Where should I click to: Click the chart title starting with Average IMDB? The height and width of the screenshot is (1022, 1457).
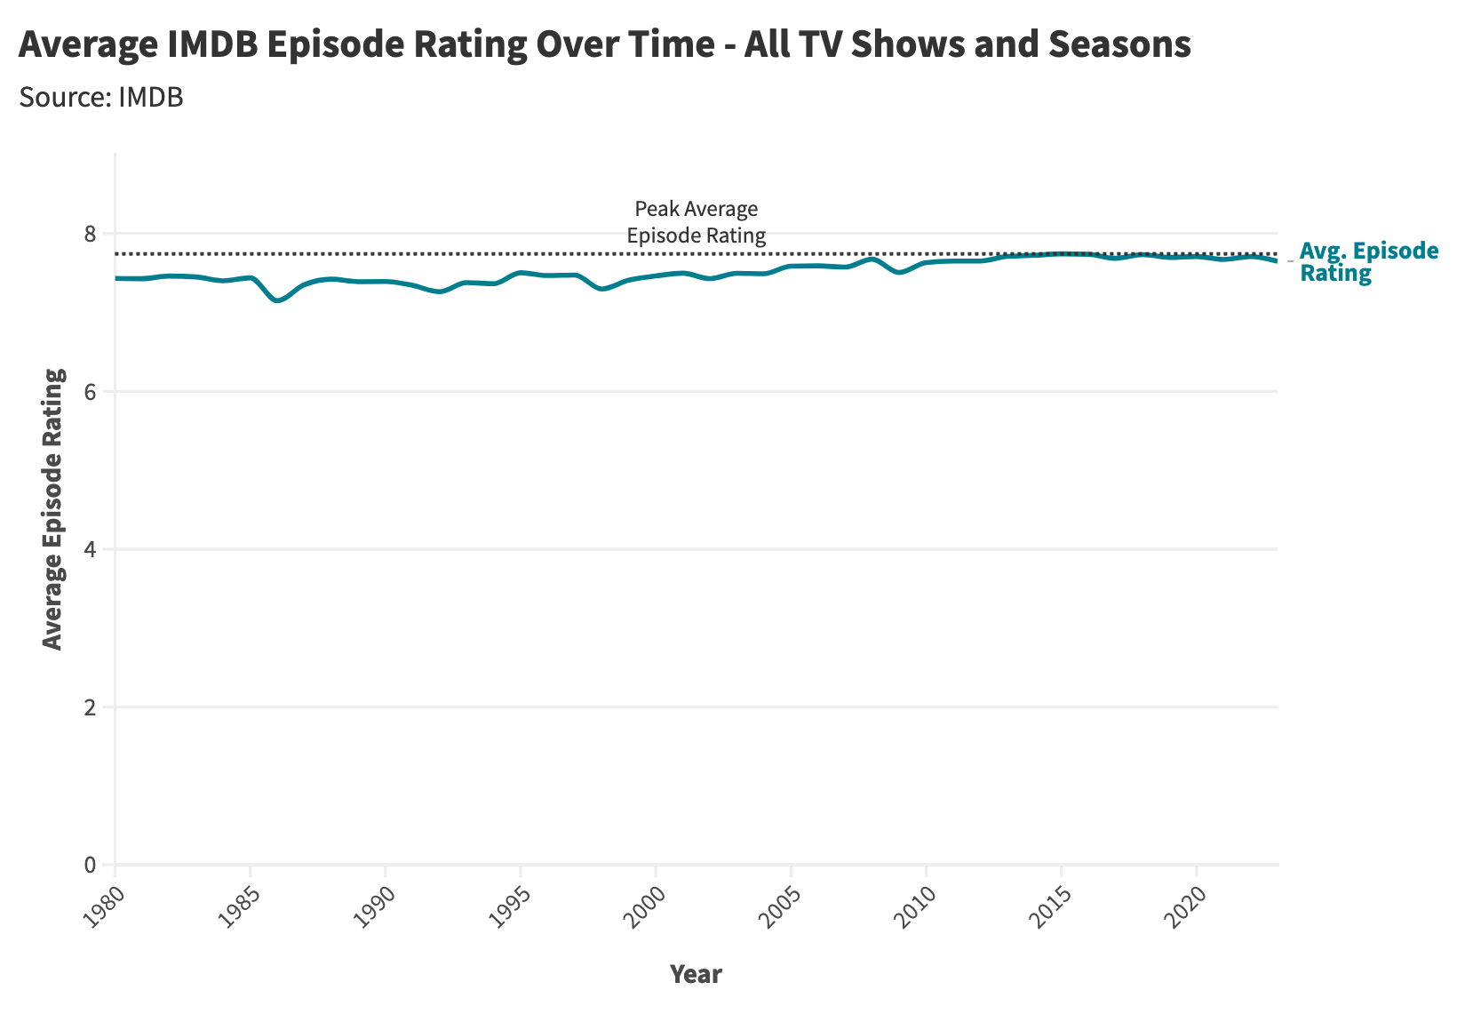604,44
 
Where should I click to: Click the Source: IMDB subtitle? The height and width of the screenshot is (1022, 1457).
100,97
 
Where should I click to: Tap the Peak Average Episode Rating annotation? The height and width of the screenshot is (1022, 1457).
696,222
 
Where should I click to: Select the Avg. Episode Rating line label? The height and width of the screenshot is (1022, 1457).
1368,262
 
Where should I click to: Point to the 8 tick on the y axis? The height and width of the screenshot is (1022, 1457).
89,234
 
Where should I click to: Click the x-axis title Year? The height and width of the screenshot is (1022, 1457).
696,974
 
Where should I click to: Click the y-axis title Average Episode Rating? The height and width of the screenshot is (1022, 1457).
53,509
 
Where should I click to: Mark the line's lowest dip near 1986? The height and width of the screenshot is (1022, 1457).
278,301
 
